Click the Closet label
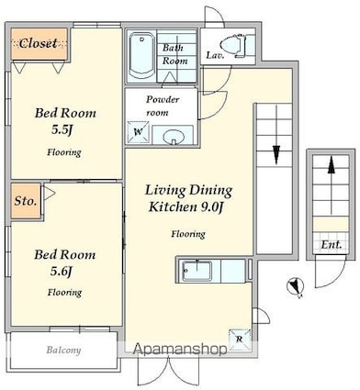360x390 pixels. [38, 43]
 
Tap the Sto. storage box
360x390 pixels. [26, 201]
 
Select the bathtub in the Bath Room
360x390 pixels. [141, 56]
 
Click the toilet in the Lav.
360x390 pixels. [235, 46]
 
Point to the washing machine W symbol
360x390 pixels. [139, 132]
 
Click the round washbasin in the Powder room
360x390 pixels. [174, 137]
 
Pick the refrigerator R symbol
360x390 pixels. [240, 340]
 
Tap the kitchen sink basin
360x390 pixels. [197, 271]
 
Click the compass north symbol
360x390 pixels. [295, 286]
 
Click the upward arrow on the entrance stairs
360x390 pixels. [331, 185]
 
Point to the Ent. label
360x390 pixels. [331, 244]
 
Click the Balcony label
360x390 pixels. [63, 350]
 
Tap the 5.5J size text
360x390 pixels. [62, 130]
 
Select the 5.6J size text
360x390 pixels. [62, 271]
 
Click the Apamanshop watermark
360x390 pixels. [180, 350]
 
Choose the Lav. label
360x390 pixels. [215, 55]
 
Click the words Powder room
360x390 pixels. [162, 106]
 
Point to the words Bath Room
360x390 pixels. [174, 54]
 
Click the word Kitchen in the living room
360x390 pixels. [173, 207]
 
